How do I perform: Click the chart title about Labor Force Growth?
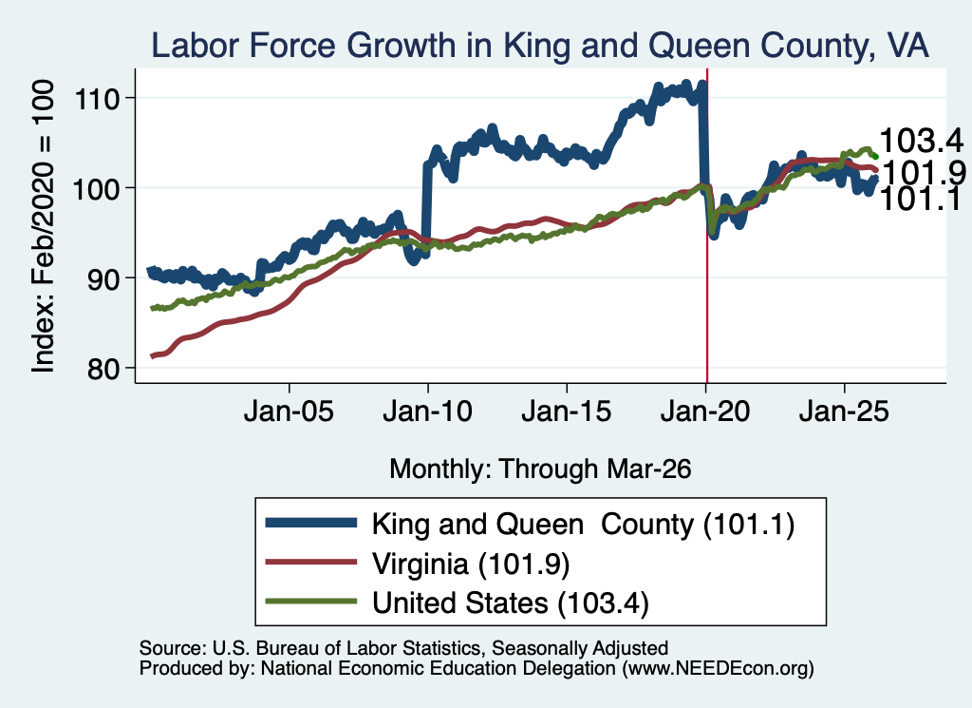(x=540, y=45)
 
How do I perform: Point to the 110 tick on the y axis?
(x=98, y=99)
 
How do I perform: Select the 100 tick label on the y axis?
(x=98, y=188)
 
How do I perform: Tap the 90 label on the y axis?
(x=103, y=278)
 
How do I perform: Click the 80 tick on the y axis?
(x=103, y=369)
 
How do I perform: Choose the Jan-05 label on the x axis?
(x=289, y=411)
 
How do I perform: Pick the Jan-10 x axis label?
(x=428, y=411)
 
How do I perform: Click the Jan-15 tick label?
(x=567, y=411)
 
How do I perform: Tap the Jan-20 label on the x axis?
(x=705, y=411)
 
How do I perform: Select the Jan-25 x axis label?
(x=844, y=411)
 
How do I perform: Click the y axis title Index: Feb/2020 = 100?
(x=43, y=226)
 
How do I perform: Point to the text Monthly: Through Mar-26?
(x=540, y=469)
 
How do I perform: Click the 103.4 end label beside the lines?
(x=921, y=141)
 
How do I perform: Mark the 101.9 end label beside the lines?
(x=923, y=172)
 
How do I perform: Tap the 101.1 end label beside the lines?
(x=921, y=199)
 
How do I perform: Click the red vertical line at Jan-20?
(x=707, y=226)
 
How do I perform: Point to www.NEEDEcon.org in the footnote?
(x=718, y=668)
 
